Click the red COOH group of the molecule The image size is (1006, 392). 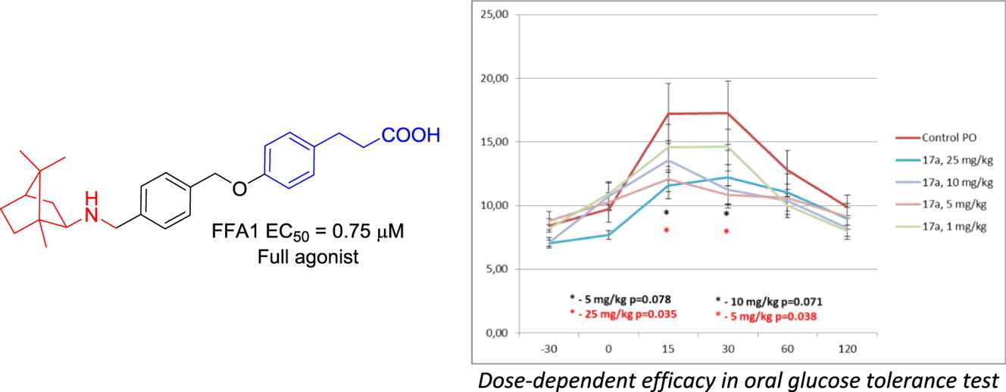coord(411,136)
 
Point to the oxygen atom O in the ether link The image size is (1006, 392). coord(240,188)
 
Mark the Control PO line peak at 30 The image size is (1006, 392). coord(726,113)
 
